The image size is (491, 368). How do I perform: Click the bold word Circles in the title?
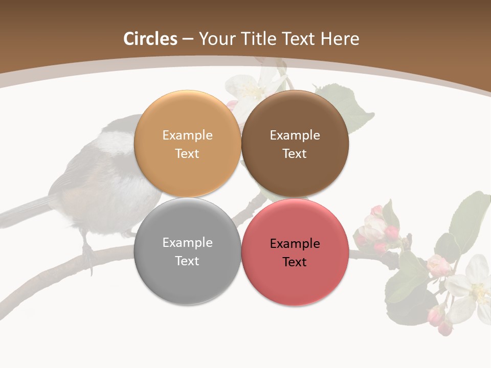pyautogui.click(x=150, y=39)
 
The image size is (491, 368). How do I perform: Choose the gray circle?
pyautogui.click(x=187, y=284)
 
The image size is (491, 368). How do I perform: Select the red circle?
pyautogui.click(x=295, y=284)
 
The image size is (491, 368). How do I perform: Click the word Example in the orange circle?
pyautogui.click(x=187, y=135)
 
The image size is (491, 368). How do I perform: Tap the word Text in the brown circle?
pyautogui.click(x=295, y=154)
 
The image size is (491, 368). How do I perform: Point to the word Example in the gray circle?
pyautogui.click(x=187, y=243)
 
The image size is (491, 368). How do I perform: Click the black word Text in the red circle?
pyautogui.click(x=295, y=262)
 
